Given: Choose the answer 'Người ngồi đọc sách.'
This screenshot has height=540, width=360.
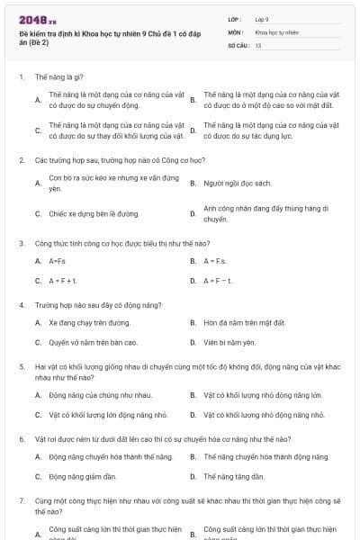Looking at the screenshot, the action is pyautogui.click(x=238, y=183).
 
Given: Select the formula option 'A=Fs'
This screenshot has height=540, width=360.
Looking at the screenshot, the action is pyautogui.click(x=58, y=261).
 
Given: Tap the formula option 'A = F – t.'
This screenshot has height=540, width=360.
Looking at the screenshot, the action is pyautogui.click(x=219, y=281).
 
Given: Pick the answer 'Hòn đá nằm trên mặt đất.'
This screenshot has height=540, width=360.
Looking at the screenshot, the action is pyautogui.click(x=244, y=322).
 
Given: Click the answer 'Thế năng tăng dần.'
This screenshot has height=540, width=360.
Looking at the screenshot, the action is pyautogui.click(x=234, y=477).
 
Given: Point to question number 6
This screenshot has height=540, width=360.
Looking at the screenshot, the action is pyautogui.click(x=22, y=439).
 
